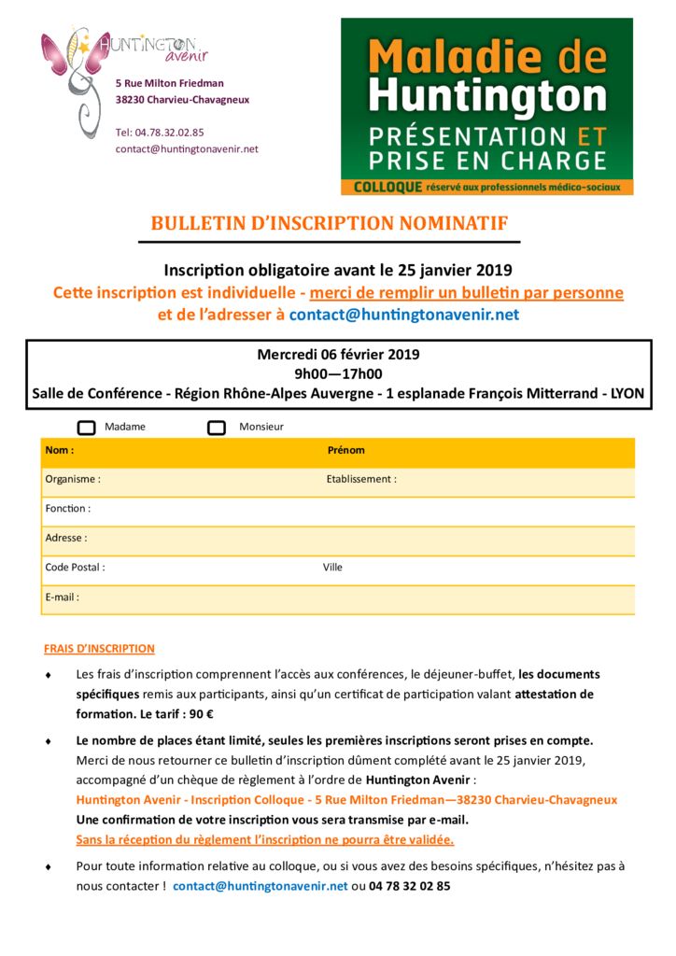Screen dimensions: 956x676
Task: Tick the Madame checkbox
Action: pyautogui.click(x=87, y=428)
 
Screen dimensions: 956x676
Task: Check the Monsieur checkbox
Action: pyautogui.click(x=217, y=428)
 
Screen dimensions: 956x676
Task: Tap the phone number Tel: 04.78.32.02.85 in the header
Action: pyautogui.click(x=160, y=133)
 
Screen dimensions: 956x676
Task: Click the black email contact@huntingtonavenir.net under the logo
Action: pyautogui.click(x=187, y=148)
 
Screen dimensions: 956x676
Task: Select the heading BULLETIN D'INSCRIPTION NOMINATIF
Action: pyautogui.click(x=330, y=223)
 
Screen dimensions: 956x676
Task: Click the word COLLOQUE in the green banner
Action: pyautogui.click(x=387, y=187)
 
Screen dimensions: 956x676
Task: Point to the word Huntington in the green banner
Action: pyautogui.click(x=487, y=96)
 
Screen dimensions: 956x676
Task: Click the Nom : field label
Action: pyautogui.click(x=60, y=450)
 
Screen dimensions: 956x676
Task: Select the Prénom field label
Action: pyautogui.click(x=345, y=450)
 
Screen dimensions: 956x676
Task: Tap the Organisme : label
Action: pyautogui.click(x=73, y=479)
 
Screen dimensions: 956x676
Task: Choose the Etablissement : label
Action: pyautogui.click(x=361, y=479)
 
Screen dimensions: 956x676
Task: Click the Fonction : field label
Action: pyautogui.click(x=68, y=509)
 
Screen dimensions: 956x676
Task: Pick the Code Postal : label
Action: pyautogui.click(x=75, y=567)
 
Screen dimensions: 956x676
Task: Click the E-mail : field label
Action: pyautogui.click(x=63, y=597)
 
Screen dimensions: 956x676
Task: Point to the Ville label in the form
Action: pyautogui.click(x=333, y=567)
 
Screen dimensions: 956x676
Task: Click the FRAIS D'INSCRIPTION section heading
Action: pyautogui.click(x=99, y=648)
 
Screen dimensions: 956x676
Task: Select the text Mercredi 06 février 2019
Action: pyautogui.click(x=338, y=355)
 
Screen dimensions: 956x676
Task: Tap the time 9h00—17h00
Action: pyautogui.click(x=338, y=373)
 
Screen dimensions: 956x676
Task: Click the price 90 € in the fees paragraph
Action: pyautogui.click(x=200, y=714)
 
